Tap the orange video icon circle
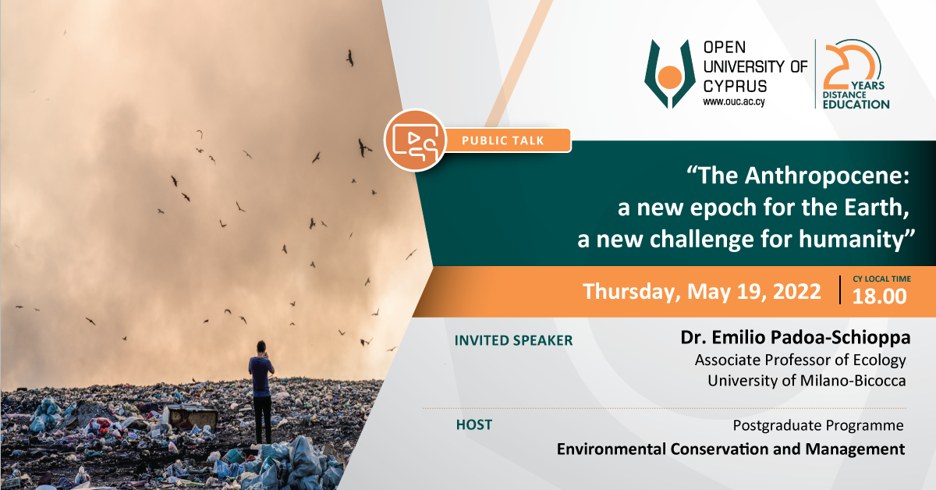[x=415, y=140]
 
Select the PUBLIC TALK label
[x=502, y=140]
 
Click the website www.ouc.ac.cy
[x=734, y=101]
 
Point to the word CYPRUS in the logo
[x=735, y=86]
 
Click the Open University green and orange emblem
[x=670, y=74]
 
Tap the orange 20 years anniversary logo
[x=856, y=74]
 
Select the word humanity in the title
[x=851, y=239]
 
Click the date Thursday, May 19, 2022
[x=702, y=291]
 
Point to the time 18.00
[x=879, y=296]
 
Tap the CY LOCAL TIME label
[x=881, y=279]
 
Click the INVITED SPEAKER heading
[x=513, y=340]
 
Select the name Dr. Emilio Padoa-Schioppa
[x=795, y=337]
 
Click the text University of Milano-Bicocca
[x=807, y=381]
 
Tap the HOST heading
[x=474, y=424]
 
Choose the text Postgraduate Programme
[x=818, y=425]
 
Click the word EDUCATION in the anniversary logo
[x=856, y=105]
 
